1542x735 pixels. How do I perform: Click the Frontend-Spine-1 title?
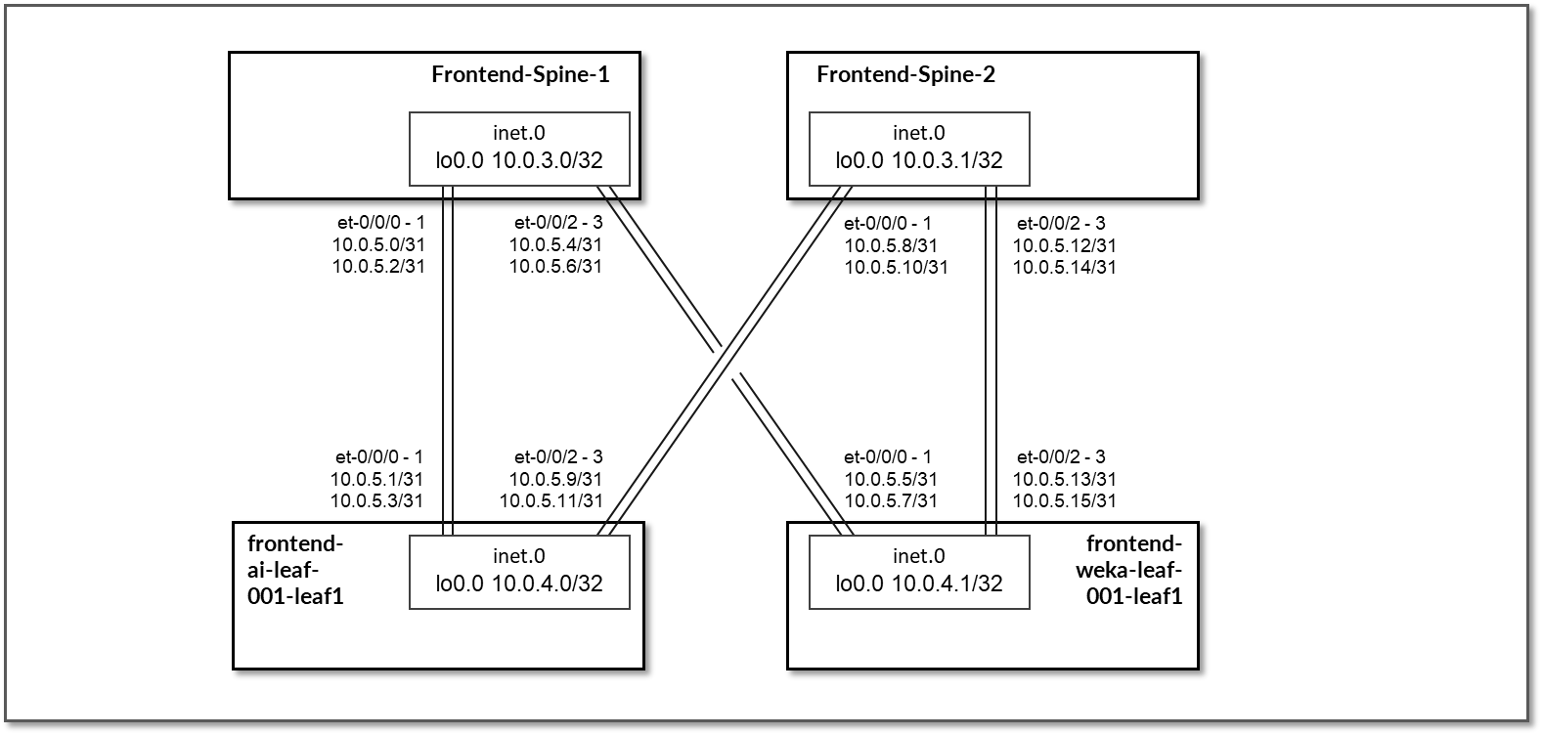[520, 74]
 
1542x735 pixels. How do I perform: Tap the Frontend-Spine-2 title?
[905, 74]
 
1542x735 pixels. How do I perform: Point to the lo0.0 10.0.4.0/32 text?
[519, 584]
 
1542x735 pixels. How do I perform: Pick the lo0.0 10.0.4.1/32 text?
[919, 584]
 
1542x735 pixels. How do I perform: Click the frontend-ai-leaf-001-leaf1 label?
[295, 569]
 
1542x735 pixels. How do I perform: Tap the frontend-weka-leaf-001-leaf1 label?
[1134, 569]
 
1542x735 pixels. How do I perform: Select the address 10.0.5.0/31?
[378, 244]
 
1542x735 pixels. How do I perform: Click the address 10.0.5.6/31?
[555, 266]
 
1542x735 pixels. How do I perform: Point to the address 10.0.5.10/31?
[896, 266]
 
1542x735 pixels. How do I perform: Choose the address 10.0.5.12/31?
[1064, 244]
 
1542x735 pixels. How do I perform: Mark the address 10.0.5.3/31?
[376, 500]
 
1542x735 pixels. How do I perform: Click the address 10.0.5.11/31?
[551, 500]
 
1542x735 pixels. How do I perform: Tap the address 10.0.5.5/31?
[890, 479]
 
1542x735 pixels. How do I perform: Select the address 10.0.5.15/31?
[1064, 500]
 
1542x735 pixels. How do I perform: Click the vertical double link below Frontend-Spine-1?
[449, 362]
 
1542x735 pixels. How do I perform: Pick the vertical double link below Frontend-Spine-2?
[991, 362]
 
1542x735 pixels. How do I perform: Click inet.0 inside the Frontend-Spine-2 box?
[919, 134]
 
